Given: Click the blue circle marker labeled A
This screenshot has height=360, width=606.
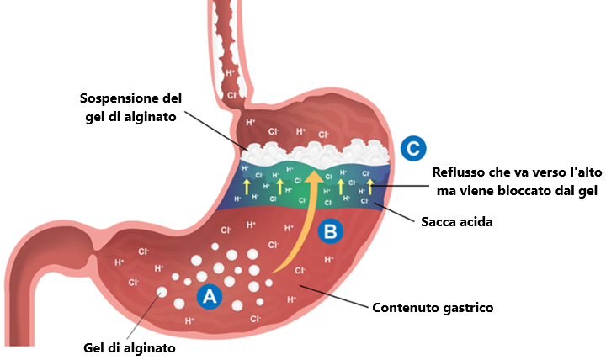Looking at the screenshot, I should pos(208,295).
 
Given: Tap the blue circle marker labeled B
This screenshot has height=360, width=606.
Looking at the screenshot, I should pos(330,229).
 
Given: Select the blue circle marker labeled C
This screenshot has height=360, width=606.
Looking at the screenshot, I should pos(412,148).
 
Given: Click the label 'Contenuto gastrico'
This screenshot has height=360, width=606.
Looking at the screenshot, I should pos(433,307).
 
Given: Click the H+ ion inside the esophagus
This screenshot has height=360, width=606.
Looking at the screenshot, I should pos(231,74).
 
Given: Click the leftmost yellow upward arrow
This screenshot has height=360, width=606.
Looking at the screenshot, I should pos(247,186).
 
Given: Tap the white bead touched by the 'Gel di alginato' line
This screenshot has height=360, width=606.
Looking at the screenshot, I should pos(162,293).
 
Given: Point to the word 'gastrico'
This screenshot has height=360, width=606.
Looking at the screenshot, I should pos(465,307).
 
